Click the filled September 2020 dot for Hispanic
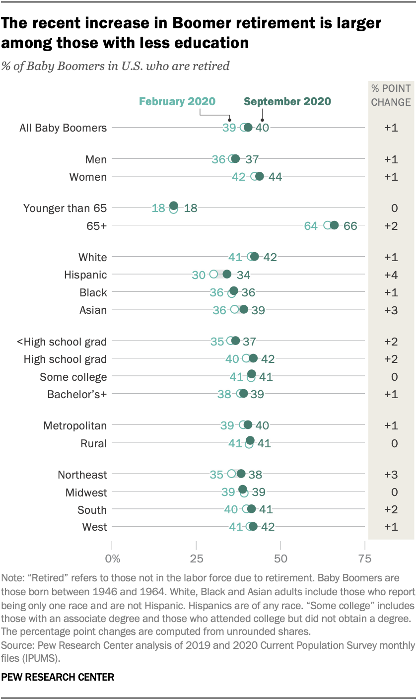[227, 274]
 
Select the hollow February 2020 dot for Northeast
[231, 474]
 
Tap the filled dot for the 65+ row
[334, 225]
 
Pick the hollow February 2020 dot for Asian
[235, 310]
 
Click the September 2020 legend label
[287, 102]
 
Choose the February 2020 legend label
[177, 102]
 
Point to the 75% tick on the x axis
[365, 559]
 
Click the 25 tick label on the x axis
[196, 559]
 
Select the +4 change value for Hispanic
[391, 275]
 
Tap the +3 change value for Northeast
[391, 475]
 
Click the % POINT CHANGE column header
[391, 95]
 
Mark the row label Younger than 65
[65, 209]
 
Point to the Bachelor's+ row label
[77, 394]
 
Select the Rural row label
[94, 443]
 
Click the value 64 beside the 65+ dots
[311, 226]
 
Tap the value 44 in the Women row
[276, 177]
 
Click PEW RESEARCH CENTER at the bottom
[58, 677]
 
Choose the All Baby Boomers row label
[63, 128]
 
